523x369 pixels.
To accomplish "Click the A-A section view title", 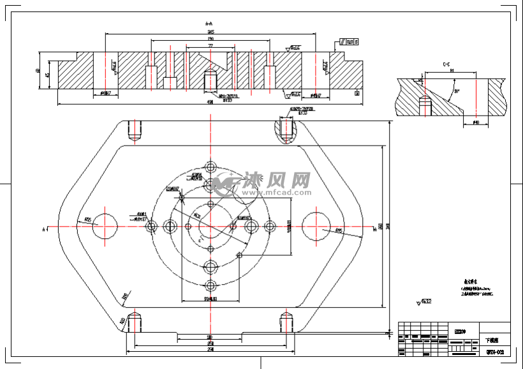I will coord(209,23).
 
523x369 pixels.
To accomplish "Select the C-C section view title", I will coord(448,64).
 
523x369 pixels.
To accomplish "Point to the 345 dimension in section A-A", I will coord(210,31).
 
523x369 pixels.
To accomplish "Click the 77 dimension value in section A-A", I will coord(210,47).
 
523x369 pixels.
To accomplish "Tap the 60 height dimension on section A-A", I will coord(39,71).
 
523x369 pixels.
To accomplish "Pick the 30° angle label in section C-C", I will coord(456,91).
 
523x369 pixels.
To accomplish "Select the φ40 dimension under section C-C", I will coord(476,122).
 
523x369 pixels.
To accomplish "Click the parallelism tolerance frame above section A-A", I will coord(349,41).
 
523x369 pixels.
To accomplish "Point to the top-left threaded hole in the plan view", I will coord(134,132).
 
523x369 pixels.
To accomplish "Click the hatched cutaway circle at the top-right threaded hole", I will coord(287,130).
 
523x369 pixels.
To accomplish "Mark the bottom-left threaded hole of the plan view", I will coord(134,322).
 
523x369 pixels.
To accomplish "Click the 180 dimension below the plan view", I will coord(209,336).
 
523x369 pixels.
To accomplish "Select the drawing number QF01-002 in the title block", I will coord(495,352).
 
